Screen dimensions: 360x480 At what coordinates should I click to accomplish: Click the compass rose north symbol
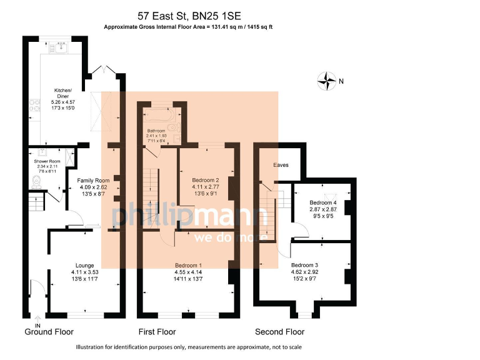(327, 81)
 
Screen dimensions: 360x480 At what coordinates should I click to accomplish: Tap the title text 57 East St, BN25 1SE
(188, 15)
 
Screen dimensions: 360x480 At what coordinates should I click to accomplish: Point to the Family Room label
(93, 181)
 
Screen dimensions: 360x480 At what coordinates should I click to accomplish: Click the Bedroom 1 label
(188, 264)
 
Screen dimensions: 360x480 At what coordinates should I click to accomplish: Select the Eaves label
(280, 165)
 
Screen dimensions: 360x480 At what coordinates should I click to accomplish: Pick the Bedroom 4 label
(322, 203)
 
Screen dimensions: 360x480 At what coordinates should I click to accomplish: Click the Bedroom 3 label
(304, 264)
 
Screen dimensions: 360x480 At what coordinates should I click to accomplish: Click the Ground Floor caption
(49, 332)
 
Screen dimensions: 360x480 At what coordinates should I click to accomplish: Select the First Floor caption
(157, 332)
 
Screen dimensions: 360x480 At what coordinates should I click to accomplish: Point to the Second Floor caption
(279, 332)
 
